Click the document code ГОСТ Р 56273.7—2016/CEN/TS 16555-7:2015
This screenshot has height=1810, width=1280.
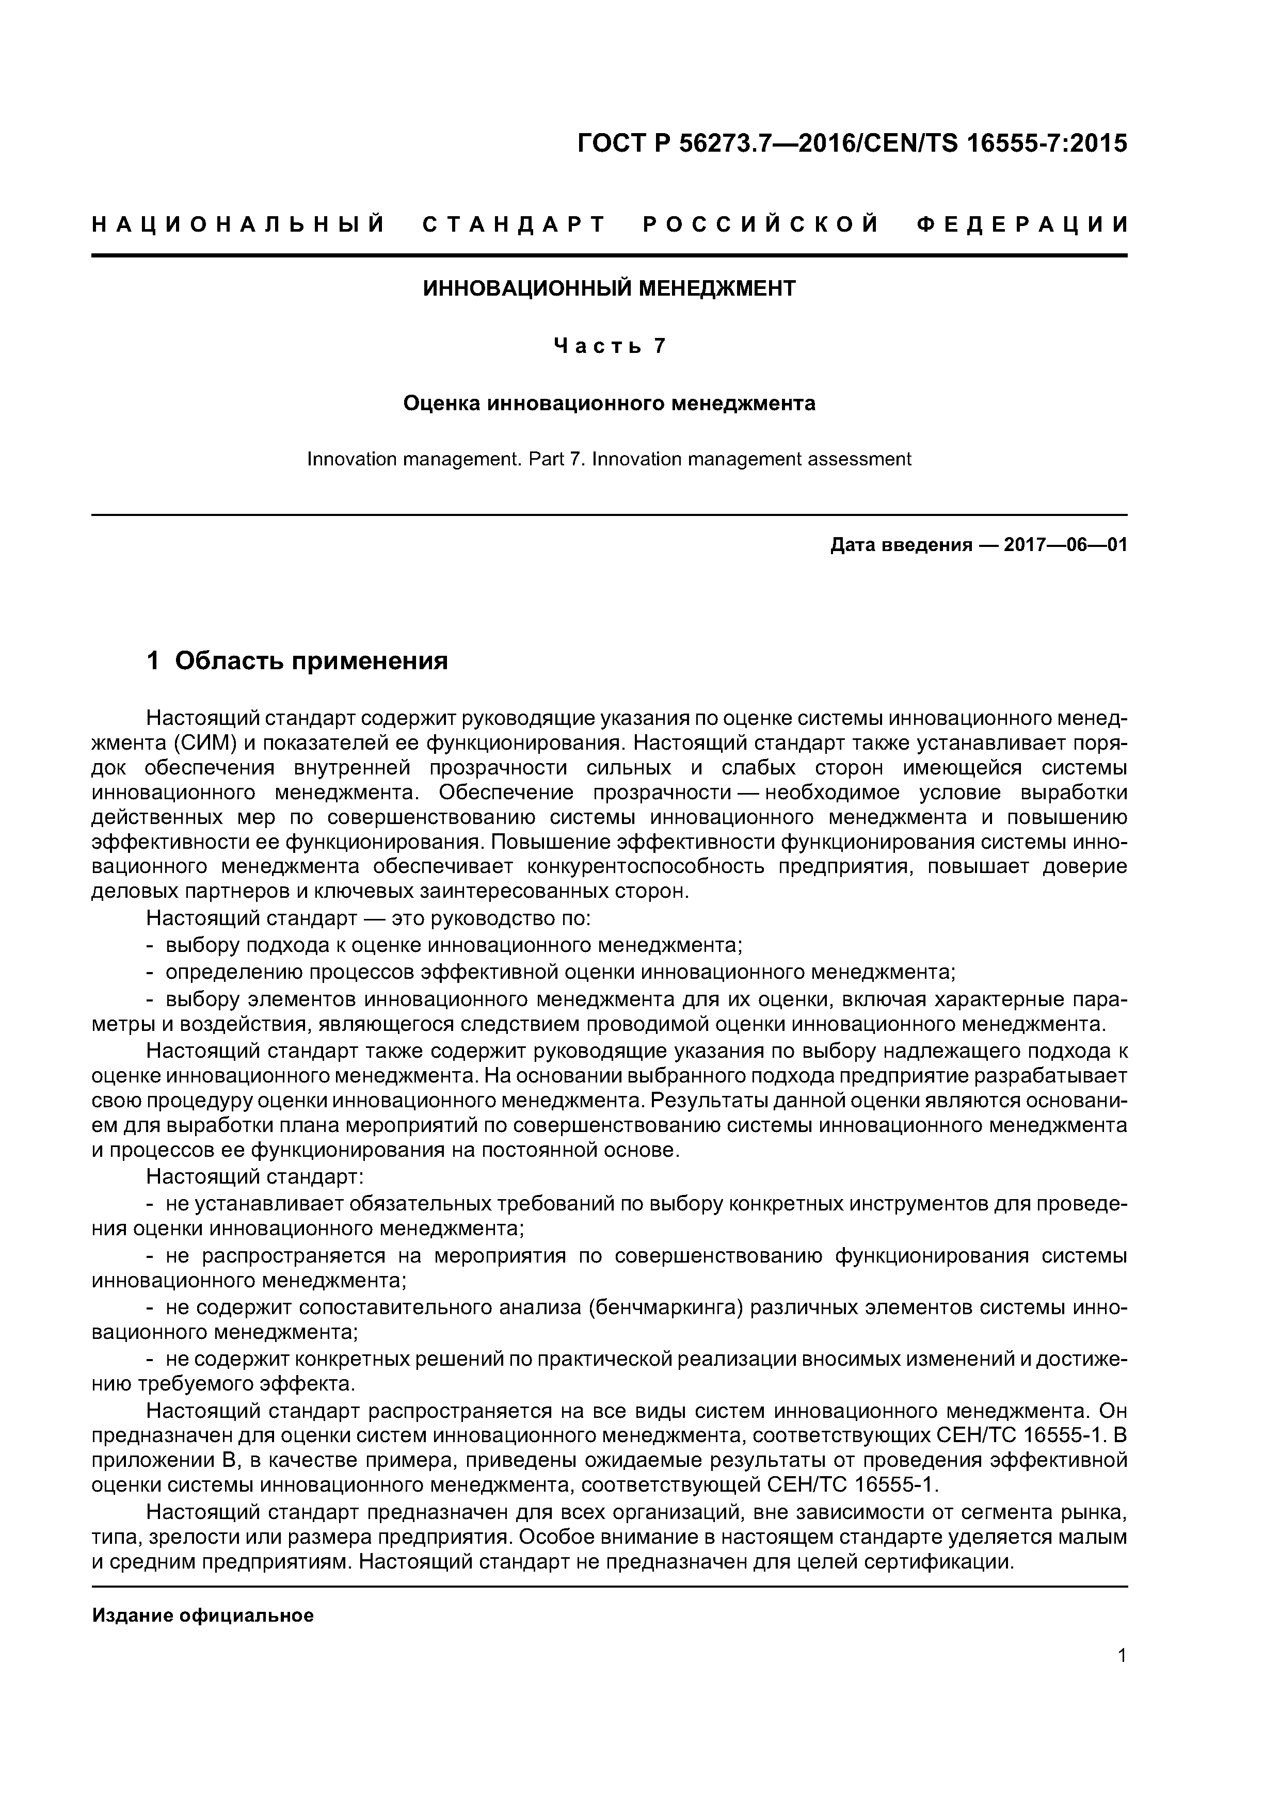pos(851,143)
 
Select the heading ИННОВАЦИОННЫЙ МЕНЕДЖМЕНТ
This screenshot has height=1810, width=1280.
pos(609,288)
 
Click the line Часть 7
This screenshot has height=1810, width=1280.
pos(609,346)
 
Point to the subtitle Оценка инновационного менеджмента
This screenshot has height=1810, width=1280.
pos(609,403)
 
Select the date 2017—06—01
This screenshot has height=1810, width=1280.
pos(1065,545)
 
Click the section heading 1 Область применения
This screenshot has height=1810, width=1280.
pos(297,660)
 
